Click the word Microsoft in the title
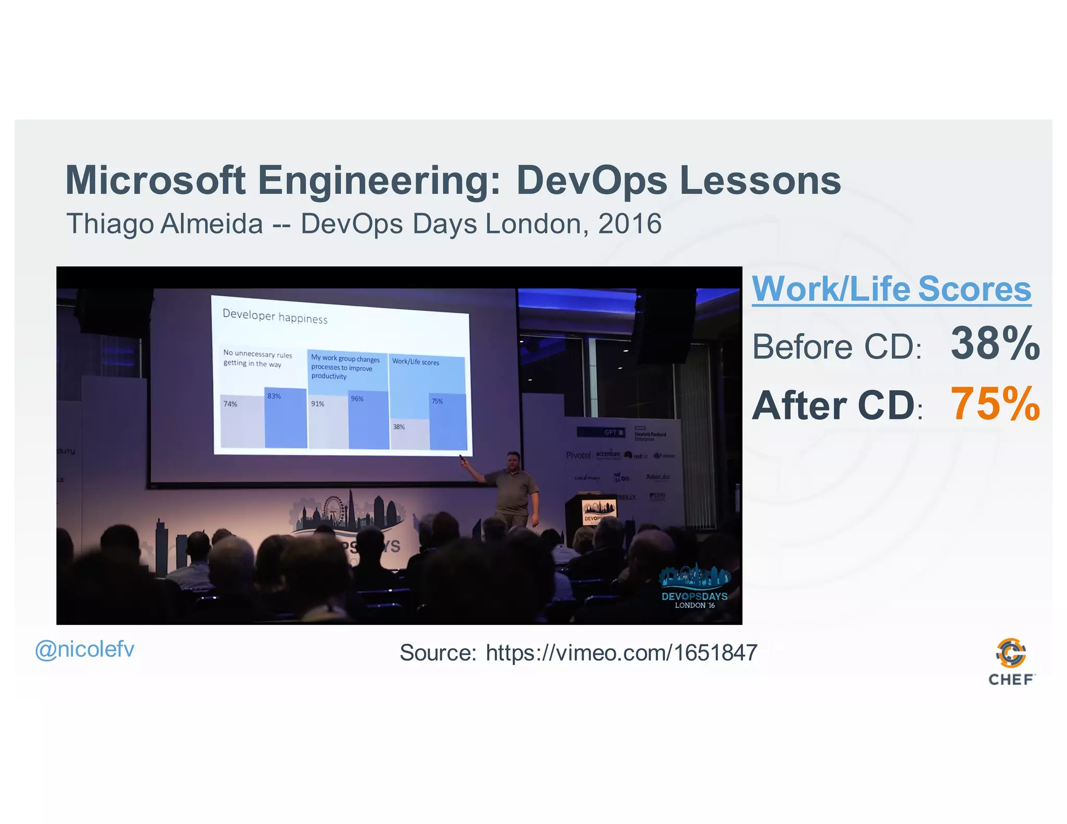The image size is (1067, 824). [x=155, y=180]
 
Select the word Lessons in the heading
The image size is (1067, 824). [x=760, y=180]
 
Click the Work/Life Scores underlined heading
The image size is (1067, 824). [x=891, y=289]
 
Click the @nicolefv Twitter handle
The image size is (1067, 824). [x=84, y=649]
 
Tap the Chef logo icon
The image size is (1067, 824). [x=1011, y=653]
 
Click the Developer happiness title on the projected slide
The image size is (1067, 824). [x=275, y=316]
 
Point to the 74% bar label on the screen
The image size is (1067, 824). [x=230, y=404]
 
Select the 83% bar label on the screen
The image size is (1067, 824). [x=274, y=396]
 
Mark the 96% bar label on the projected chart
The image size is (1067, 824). [x=357, y=399]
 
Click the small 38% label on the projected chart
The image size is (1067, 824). [x=399, y=427]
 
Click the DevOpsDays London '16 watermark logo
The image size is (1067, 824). [x=694, y=588]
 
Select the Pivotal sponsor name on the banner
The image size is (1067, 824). [x=578, y=455]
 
